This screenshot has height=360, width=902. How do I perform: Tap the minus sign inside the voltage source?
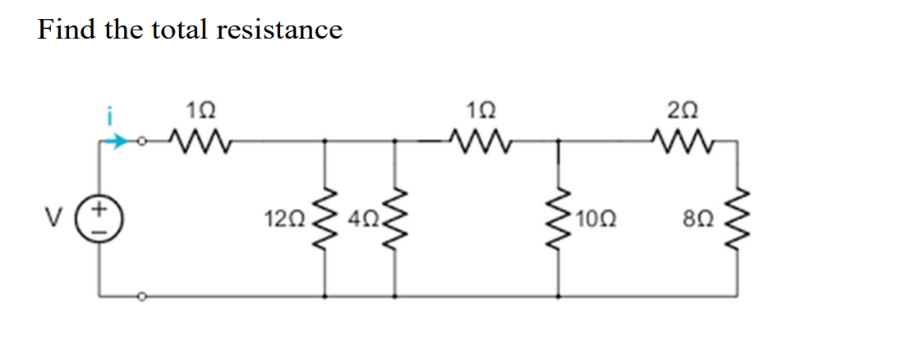pos(100,229)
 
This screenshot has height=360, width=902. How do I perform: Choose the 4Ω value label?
pos(361,219)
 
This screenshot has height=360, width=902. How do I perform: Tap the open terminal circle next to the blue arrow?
pos(141,141)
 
